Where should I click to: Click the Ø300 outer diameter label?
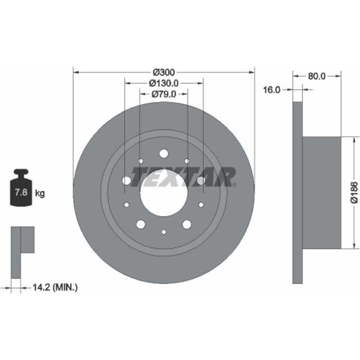coord(164,73)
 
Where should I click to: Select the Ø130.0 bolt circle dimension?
coord(164,83)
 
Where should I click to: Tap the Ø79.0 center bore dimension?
coord(164,94)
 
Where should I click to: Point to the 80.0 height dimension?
coord(317,76)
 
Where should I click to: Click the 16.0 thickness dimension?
coord(272,90)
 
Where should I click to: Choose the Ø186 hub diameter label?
coord(354,192)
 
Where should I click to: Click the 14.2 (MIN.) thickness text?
coord(55,287)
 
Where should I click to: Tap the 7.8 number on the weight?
coord(21,192)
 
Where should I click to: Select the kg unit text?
coord(40,193)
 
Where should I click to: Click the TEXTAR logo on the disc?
coord(184,176)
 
